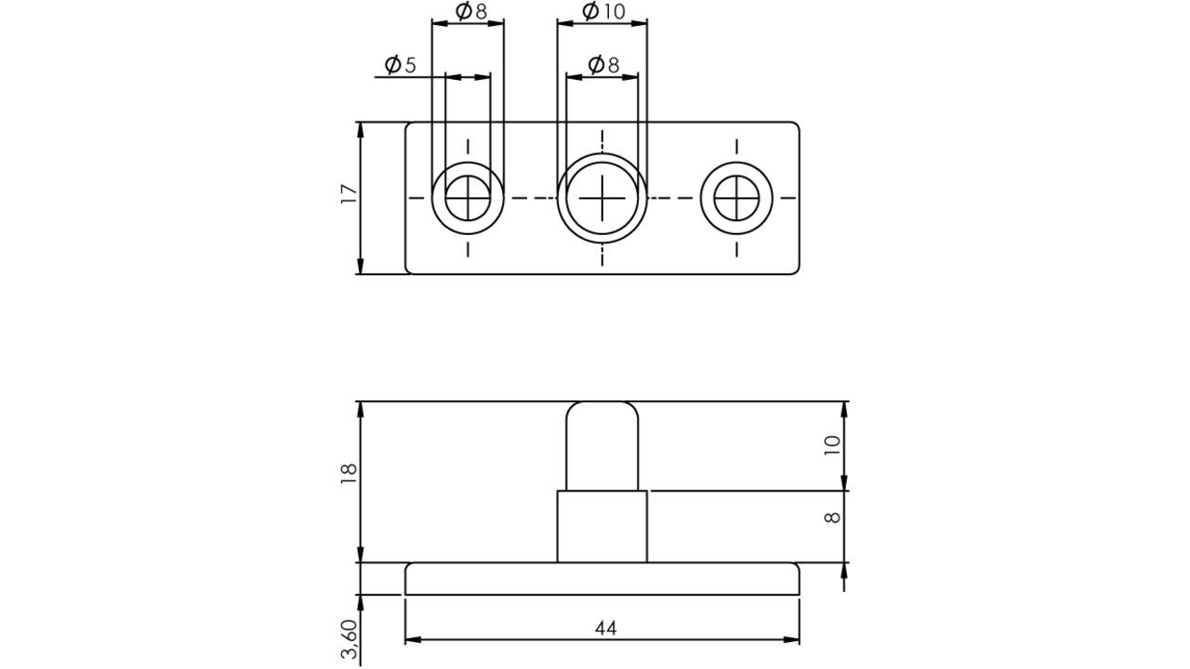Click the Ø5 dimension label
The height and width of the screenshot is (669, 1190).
[400, 65]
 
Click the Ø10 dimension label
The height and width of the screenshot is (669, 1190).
[603, 11]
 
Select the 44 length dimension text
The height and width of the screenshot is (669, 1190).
[605, 629]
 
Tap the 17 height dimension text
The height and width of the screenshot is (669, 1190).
[349, 194]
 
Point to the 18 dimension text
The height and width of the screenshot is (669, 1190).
[349, 474]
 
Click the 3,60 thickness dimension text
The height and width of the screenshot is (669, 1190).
[349, 638]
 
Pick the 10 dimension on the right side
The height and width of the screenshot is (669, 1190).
[832, 445]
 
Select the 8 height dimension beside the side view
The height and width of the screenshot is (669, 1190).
[832, 518]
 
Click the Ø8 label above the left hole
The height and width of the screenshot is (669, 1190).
[471, 11]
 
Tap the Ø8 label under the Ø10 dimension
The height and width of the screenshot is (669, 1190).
[603, 65]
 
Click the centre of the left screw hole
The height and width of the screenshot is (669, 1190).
[468, 198]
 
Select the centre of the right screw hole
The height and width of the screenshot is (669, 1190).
[736, 198]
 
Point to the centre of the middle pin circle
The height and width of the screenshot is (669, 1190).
[602, 198]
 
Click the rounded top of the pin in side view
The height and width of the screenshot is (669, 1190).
[602, 403]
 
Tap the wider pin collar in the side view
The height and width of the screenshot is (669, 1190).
[602, 527]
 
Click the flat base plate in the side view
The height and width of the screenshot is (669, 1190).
[602, 579]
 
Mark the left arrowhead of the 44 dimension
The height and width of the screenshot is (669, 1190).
[413, 640]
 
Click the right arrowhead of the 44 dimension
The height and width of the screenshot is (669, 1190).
[791, 640]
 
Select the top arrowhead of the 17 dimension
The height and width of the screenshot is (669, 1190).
[361, 131]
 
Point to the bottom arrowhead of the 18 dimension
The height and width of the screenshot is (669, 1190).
[361, 555]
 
